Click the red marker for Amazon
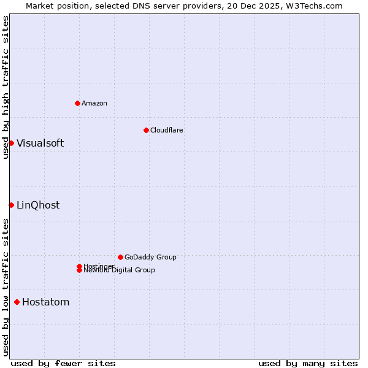click(77, 103)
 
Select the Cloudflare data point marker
click(146, 130)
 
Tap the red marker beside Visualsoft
click(11, 143)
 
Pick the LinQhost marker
click(11, 205)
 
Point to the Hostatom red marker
click(17, 302)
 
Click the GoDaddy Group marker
click(120, 257)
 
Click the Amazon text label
click(94, 103)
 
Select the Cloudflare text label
click(167, 130)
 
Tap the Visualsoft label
click(40, 144)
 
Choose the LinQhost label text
click(38, 205)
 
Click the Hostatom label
click(45, 302)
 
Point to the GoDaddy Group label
click(150, 257)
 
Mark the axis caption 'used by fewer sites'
click(63, 363)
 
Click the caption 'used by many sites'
click(308, 363)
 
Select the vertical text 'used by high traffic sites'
click(6, 87)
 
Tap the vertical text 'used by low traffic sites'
click(6, 286)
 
